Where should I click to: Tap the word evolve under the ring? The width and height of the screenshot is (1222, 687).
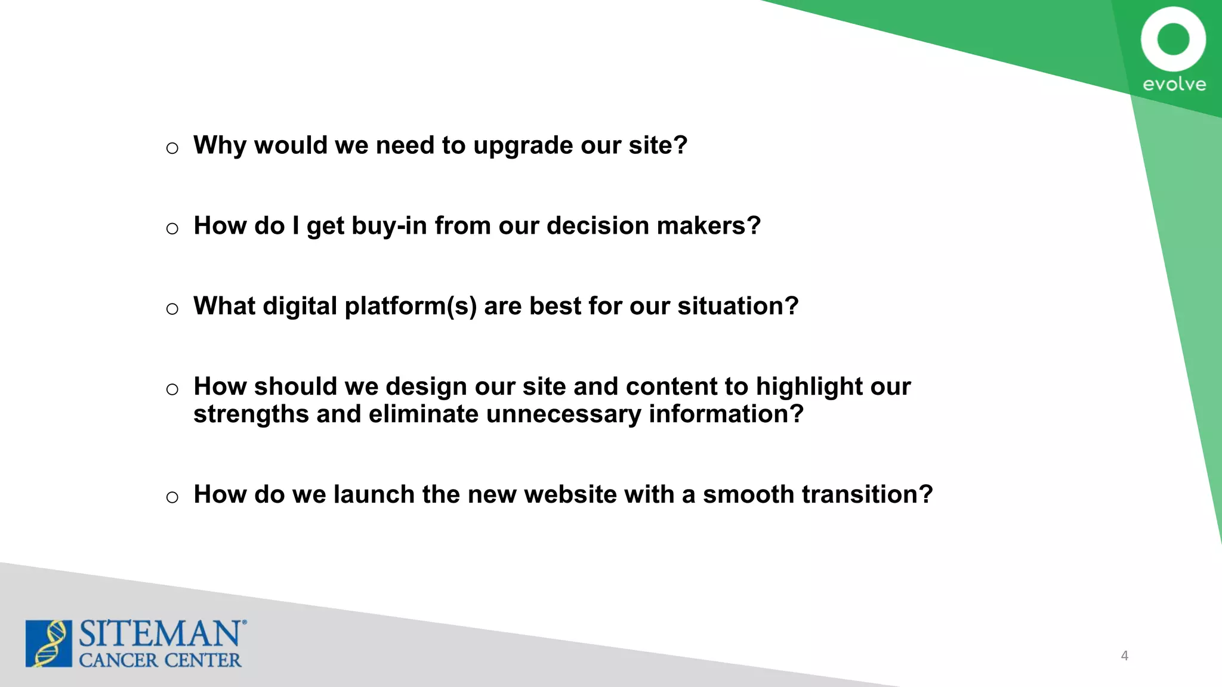pos(1174,84)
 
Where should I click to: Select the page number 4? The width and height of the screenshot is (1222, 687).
pos(1124,655)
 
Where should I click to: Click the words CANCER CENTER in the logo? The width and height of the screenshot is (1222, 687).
pos(160,660)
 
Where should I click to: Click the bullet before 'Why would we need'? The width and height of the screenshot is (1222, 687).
pos(172,148)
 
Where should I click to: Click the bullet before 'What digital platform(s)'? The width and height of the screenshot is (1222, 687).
pos(172,309)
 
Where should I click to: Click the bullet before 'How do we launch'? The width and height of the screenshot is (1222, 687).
pos(172,497)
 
